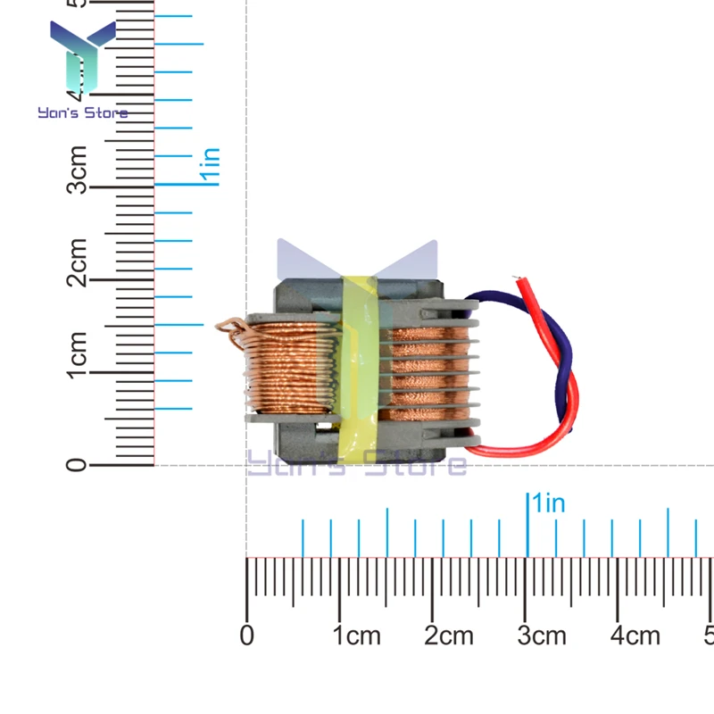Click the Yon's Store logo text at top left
[x=82, y=113]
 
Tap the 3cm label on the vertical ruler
[x=78, y=170]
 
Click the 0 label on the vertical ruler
[x=78, y=464]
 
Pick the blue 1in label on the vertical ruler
[x=210, y=166]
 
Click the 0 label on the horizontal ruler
[x=247, y=635]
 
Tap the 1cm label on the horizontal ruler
[x=356, y=635]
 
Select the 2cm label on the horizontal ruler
[x=449, y=635]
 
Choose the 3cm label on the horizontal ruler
[x=542, y=635]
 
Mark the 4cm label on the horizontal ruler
[x=635, y=635]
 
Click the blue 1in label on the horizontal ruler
[x=546, y=503]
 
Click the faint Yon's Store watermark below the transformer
[x=357, y=464]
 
